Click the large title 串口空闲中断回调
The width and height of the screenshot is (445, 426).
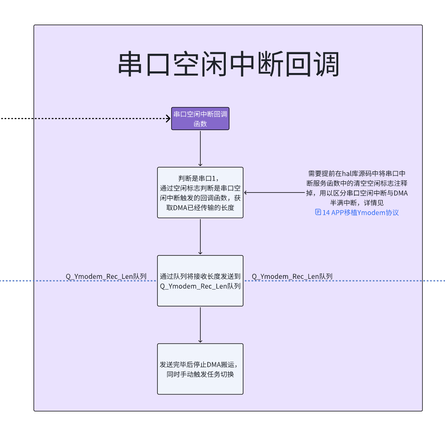click(228, 64)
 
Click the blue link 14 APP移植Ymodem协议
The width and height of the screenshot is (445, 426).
click(361, 213)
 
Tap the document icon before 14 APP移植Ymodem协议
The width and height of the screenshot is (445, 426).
click(318, 212)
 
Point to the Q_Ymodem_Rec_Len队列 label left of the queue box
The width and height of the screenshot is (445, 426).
click(106, 277)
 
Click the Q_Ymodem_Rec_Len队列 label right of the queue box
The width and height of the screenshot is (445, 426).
click(292, 277)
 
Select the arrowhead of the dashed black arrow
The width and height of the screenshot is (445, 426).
click(168, 119)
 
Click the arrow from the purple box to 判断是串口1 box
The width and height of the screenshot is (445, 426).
click(200, 148)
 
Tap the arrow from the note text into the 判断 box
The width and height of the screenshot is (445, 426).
click(274, 192)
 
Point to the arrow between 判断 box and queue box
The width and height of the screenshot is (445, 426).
click(200, 236)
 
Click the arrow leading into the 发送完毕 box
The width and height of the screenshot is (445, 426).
click(200, 325)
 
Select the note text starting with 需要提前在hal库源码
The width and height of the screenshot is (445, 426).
click(357, 188)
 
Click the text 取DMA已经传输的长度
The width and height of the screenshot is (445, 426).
click(200, 208)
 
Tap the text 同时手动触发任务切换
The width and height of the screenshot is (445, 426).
click(200, 375)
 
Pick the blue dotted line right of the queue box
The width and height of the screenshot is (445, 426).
click(384, 281)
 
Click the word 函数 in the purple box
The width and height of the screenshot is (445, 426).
click(200, 124)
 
